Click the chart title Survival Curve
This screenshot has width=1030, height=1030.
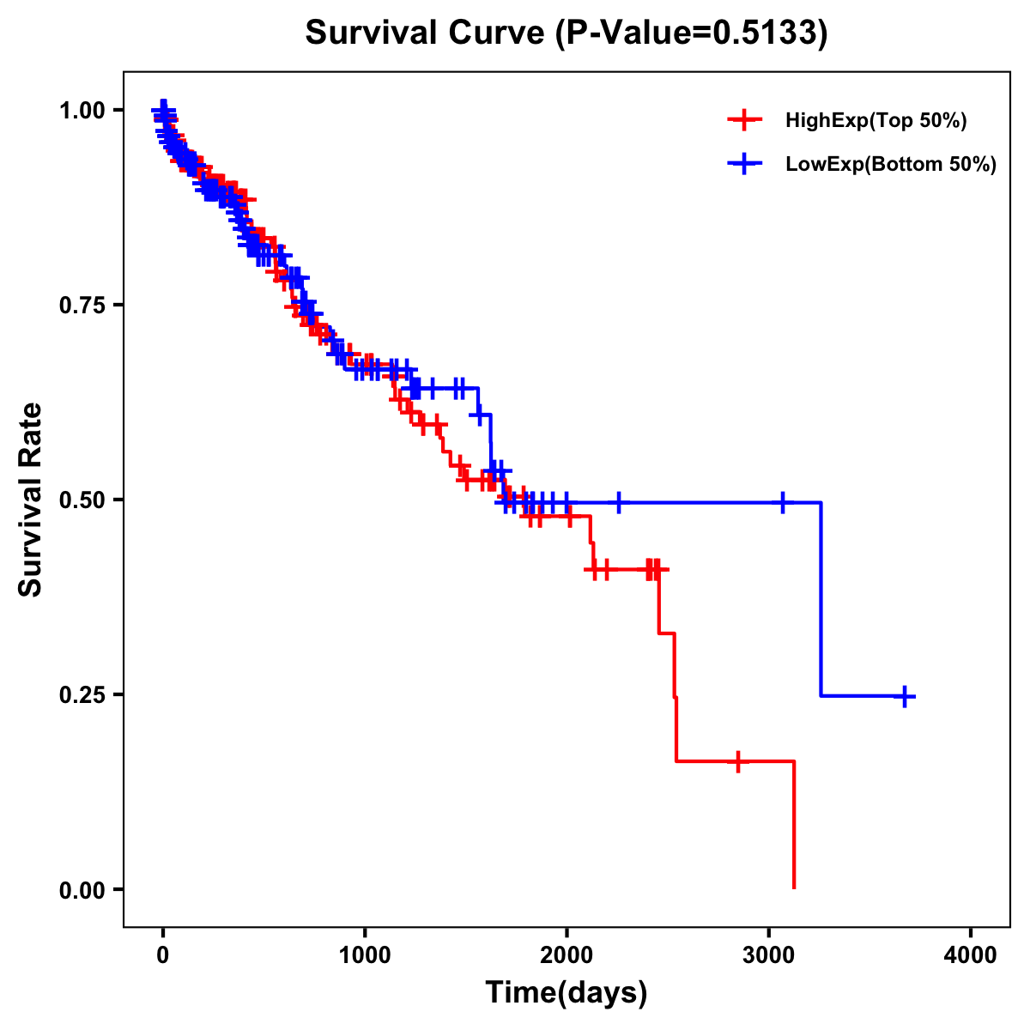coord(425,33)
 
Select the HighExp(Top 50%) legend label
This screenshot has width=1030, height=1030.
coord(875,121)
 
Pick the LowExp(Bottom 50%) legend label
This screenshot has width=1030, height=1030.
coord(891,165)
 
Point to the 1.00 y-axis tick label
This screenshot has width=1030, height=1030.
coord(82,110)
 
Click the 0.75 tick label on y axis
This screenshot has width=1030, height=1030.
coord(82,305)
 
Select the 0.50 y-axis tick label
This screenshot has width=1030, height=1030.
coord(82,500)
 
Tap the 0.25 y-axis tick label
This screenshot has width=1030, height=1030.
coord(82,694)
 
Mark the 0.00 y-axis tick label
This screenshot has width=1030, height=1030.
coord(82,889)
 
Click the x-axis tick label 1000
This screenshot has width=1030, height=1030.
coord(365,955)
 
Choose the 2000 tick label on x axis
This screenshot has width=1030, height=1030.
coord(566,955)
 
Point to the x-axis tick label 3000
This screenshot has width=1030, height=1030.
coord(769,955)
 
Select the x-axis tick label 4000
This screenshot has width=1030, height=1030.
coord(971,955)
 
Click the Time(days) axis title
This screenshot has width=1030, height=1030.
coord(566,993)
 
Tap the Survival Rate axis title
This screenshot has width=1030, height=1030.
coord(31,500)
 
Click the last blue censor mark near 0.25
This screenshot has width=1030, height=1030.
coord(904,696)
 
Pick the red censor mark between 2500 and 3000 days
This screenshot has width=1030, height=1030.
coord(737,761)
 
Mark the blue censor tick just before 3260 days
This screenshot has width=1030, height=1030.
coord(783,503)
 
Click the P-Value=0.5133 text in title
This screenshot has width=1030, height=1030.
coord(691,33)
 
